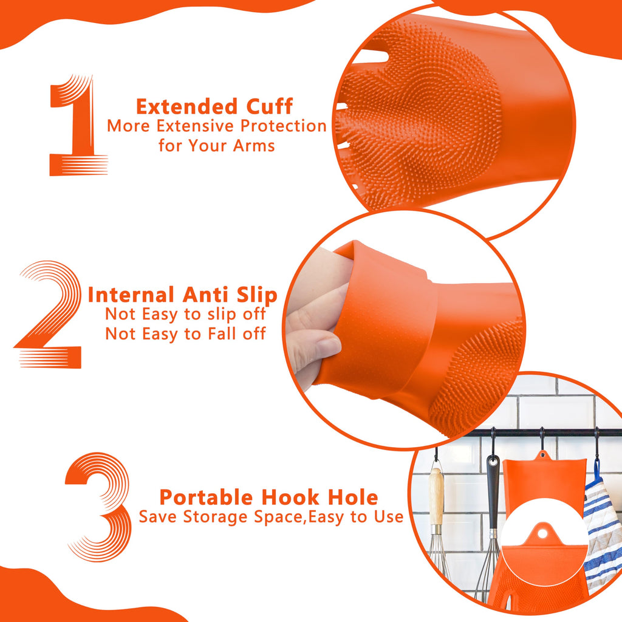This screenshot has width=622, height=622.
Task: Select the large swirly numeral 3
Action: (99, 507)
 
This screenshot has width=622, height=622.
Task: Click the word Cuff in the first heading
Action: (269, 106)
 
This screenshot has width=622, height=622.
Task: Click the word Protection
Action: (283, 126)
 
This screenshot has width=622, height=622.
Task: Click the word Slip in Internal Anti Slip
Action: (257, 296)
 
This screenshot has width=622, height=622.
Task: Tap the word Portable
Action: (206, 497)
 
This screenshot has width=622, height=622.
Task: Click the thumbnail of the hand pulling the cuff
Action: (404, 329)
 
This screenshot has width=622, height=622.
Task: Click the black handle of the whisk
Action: (493, 492)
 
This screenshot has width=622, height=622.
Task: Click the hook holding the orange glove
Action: (542, 440)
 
